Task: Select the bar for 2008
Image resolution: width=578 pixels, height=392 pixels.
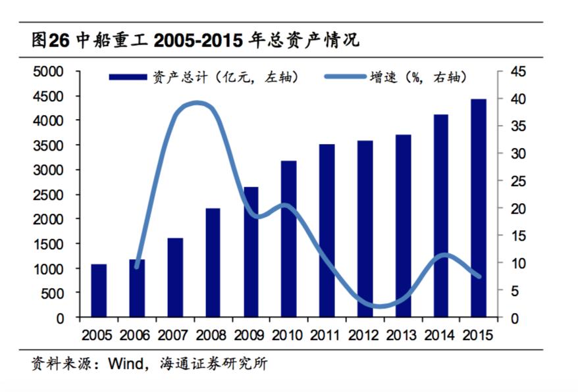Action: tap(213, 262)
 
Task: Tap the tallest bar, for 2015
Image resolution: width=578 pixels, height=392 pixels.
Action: tap(479, 208)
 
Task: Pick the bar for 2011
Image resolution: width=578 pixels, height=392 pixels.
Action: tap(327, 231)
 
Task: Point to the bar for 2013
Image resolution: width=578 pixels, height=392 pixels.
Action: tap(403, 226)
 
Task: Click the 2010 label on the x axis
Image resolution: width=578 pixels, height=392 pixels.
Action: tap(288, 334)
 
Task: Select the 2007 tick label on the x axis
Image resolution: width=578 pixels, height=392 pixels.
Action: tap(174, 334)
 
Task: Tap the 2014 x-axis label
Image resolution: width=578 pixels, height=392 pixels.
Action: tap(440, 334)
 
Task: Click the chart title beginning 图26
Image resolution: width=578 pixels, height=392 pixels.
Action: tap(194, 41)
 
